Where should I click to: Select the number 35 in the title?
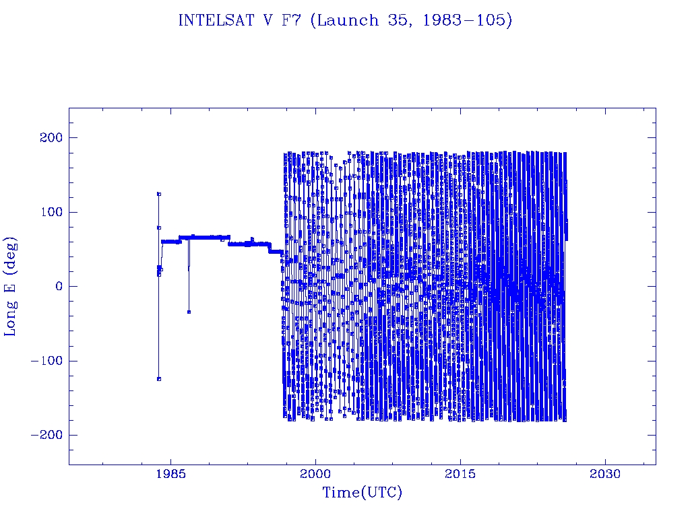(398, 21)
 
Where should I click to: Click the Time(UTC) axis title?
(362, 493)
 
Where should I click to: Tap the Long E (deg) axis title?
(11, 286)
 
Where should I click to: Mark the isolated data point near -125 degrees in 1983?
(159, 379)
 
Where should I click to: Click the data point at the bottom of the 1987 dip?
(189, 312)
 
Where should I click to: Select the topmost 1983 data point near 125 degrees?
(159, 194)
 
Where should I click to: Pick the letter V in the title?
(267, 21)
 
